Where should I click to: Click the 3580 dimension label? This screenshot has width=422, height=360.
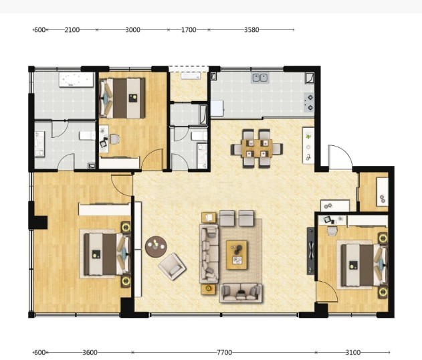(251, 29)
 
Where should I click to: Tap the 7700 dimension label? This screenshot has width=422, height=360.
(224, 352)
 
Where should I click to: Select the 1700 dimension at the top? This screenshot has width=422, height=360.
(189, 29)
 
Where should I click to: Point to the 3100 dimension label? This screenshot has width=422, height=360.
(353, 352)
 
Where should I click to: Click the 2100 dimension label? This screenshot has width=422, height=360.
(72, 29)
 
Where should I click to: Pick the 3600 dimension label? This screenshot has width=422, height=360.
(90, 352)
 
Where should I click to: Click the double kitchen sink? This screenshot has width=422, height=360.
(260, 78)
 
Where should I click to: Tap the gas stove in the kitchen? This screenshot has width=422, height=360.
(309, 102)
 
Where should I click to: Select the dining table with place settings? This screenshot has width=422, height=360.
(257, 149)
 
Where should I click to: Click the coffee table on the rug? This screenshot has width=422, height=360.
(237, 255)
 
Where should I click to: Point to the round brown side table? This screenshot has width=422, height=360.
(156, 247)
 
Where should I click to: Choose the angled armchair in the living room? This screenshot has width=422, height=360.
(173, 266)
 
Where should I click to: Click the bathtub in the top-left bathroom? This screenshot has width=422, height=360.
(76, 80)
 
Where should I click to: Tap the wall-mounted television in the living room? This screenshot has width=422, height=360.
(310, 251)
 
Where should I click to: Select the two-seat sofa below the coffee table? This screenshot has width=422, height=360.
(241, 293)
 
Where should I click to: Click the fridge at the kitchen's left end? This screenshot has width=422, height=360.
(217, 108)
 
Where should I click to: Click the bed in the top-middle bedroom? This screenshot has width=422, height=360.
(123, 98)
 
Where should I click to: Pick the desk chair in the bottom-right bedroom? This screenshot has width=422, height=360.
(332, 230)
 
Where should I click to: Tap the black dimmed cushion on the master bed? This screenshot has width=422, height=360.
(96, 254)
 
